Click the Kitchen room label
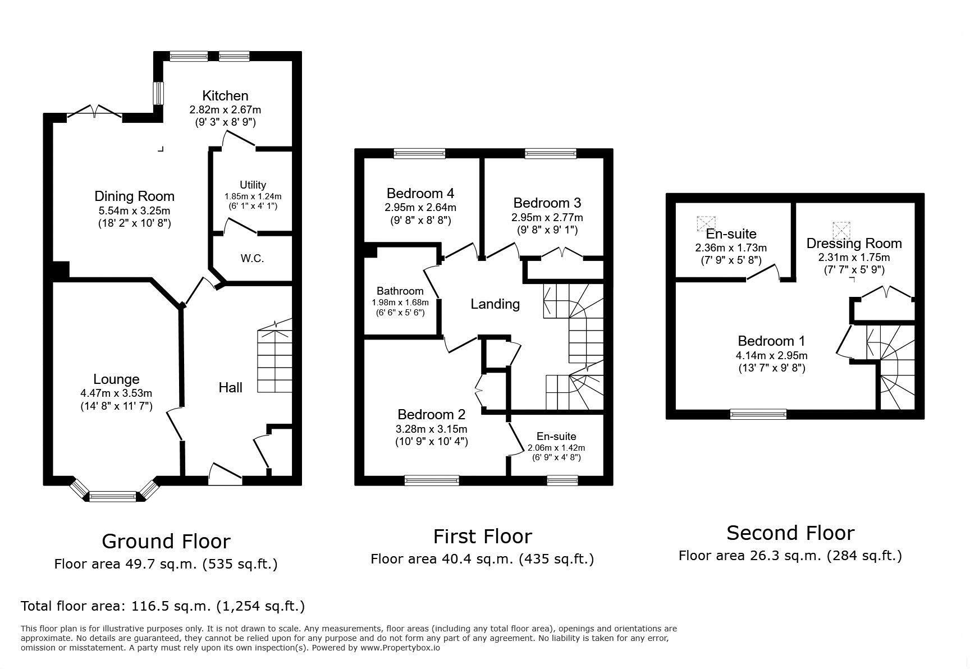(x=225, y=95)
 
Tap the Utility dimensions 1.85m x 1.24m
(x=253, y=196)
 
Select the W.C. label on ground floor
(x=252, y=259)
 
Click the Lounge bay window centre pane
(x=112, y=496)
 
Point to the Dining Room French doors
(x=94, y=114)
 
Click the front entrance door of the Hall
(x=225, y=474)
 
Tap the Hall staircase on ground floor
(x=275, y=359)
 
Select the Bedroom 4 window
(x=419, y=153)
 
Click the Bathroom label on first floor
(x=400, y=291)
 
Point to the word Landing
(x=495, y=304)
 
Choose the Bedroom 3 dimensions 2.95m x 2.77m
(x=547, y=217)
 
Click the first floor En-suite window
(x=562, y=480)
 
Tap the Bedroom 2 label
(x=431, y=415)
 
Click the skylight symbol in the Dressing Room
(x=841, y=230)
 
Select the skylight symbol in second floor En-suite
(x=703, y=223)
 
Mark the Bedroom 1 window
(x=758, y=414)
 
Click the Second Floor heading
(x=790, y=533)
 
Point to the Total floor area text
(x=163, y=606)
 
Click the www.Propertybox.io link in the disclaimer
(x=400, y=648)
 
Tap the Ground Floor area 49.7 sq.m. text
(x=166, y=564)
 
